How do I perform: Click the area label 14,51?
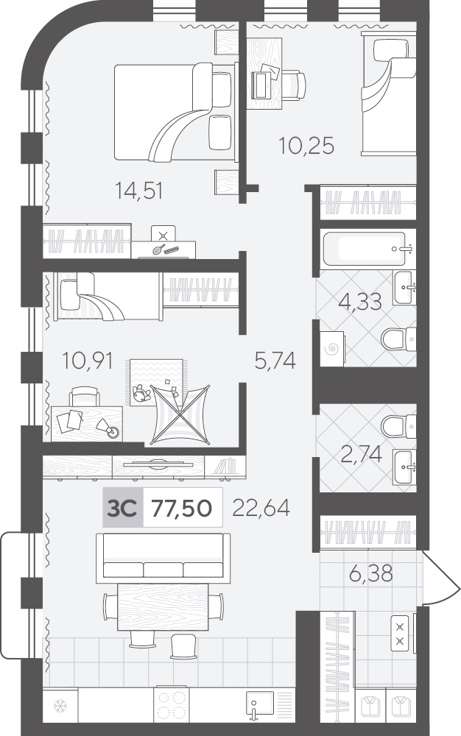pyautogui.click(x=139, y=191)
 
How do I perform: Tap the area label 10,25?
pyautogui.click(x=306, y=146)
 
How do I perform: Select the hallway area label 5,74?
pyautogui.click(x=275, y=361)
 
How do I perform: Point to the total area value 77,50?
pyautogui.click(x=181, y=507)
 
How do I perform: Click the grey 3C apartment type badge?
pyautogui.click(x=122, y=507)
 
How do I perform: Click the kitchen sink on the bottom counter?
pyautogui.click(x=260, y=706)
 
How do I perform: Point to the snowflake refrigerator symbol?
pyautogui.click(x=60, y=705)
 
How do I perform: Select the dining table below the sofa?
pyautogui.click(x=163, y=607)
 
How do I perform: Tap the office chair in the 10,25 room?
pyautogui.click(x=288, y=85)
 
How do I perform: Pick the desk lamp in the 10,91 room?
pyautogui.click(x=108, y=428)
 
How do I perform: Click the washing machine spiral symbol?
pyautogui.click(x=332, y=348)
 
